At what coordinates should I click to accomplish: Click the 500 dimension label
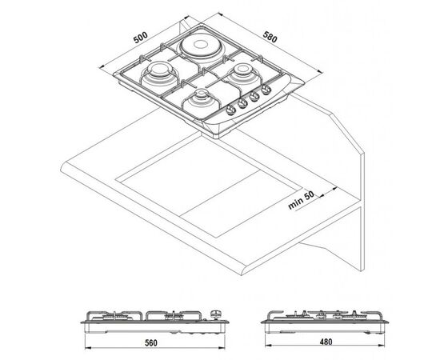point(140,38)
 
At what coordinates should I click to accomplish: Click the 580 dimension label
point(270,37)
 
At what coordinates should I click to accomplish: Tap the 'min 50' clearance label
point(302,200)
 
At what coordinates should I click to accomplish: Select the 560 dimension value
point(151,342)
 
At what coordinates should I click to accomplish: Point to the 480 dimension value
point(326,342)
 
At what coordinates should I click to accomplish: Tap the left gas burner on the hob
point(159,74)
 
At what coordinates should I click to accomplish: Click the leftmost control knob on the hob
point(230,110)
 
